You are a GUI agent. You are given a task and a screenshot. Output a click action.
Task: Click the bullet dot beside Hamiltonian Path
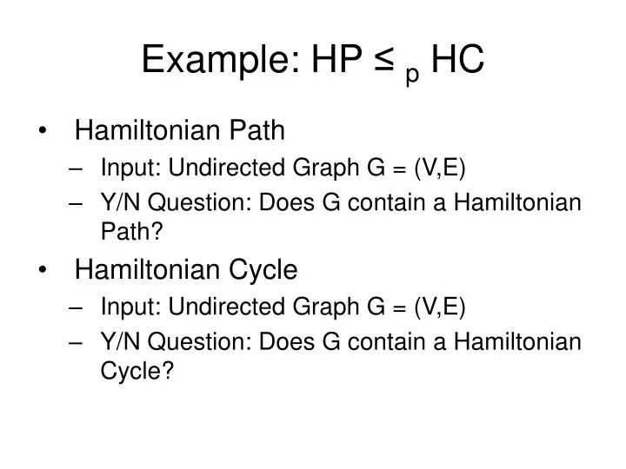click(x=43, y=131)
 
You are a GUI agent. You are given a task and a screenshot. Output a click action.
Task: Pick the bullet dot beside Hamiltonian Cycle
click(x=43, y=271)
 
